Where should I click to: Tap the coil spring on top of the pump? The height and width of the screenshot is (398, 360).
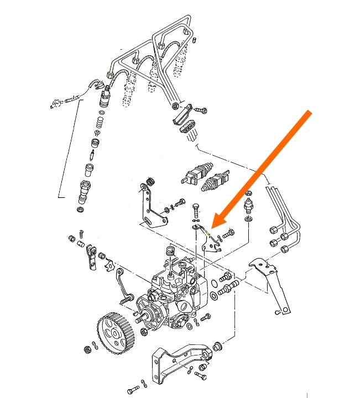pyautogui.click(x=170, y=252)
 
